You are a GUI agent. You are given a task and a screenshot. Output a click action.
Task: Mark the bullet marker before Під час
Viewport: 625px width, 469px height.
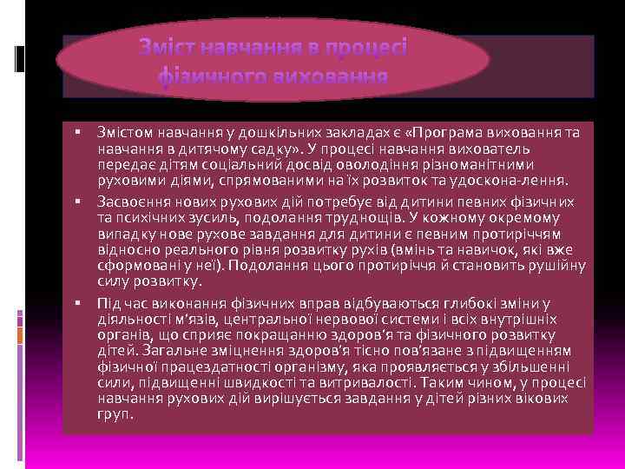coord(77,302)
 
